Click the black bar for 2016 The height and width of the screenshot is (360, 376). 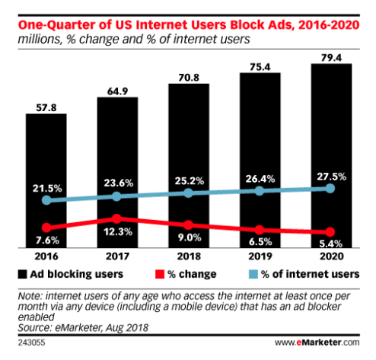pos(46,180)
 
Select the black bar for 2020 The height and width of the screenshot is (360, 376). pos(331,156)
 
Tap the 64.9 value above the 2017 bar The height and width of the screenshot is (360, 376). pos(117,91)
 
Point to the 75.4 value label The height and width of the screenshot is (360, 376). pos(260,67)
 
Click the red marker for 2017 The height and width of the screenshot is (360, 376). pos(116,218)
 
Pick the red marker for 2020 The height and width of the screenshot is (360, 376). pos(330,231)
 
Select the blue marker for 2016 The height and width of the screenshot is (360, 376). pos(46,200)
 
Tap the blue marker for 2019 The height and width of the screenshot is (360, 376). pos(260,191)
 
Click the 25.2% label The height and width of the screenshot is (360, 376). pos(190,181)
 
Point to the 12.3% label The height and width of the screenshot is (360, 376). pos(118,231)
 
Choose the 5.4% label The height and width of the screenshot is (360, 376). pos(331,244)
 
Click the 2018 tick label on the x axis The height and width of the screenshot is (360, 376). pos(189,256)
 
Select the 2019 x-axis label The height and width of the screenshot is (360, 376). pos(260,256)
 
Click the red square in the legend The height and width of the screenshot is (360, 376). pos(160,274)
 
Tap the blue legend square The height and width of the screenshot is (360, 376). pos(253,274)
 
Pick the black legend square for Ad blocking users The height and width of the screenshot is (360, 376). pos(22,274)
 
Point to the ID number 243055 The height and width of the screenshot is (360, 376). pos(31,342)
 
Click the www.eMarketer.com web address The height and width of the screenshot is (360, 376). pos(317,342)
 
